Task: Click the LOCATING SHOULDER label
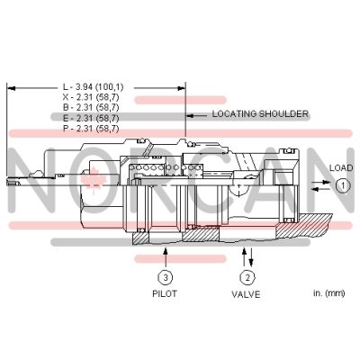pyautogui.click(x=259, y=115)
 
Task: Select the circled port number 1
pyautogui.click(x=343, y=185)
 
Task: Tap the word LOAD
pyautogui.click(x=341, y=168)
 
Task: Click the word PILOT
pyautogui.click(x=166, y=294)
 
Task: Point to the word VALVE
pyautogui.click(x=247, y=294)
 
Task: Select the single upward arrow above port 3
pyautogui.click(x=166, y=254)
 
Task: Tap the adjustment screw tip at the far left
pyautogui.click(x=11, y=184)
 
